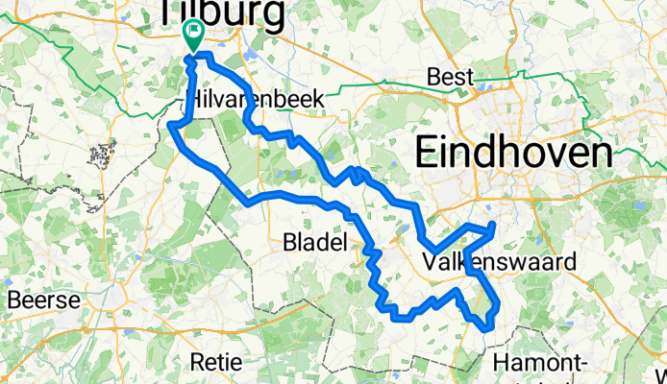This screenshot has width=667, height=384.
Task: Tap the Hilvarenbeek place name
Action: [251, 100]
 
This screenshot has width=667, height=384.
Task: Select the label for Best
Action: [451, 77]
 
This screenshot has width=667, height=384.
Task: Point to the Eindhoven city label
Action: [513, 152]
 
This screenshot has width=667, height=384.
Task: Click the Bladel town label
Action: [314, 245]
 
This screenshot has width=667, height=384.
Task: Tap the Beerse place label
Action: [42, 300]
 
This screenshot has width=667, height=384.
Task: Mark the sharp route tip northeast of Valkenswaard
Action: [493, 225]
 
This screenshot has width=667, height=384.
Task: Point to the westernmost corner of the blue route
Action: [171, 125]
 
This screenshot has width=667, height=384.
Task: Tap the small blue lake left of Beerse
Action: [6, 281]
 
